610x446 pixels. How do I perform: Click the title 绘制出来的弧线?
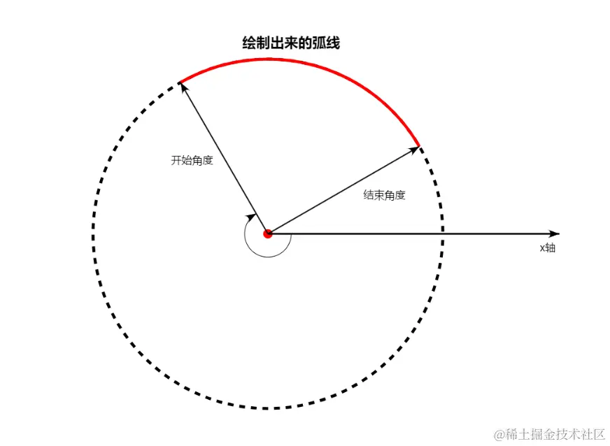pos(291,43)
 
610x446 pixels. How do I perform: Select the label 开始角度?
pos(192,160)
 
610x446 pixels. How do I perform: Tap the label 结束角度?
pos(384,195)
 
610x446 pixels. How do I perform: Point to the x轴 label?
pos(547,247)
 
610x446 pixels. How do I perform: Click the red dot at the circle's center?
pos(267,233)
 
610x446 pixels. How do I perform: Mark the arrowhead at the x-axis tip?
pos(555,233)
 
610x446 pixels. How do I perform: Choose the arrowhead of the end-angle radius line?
pos(415,148)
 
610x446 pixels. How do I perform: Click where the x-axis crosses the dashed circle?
pos(442,233)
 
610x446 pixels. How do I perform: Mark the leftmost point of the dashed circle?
pos(92,233)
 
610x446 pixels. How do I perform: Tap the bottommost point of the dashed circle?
pos(267,408)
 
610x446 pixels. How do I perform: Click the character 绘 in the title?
pos(248,43)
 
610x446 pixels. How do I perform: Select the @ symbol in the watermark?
pos(499,435)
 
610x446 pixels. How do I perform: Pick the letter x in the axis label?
pos(541,248)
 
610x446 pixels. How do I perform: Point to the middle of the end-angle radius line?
pos(343,189)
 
